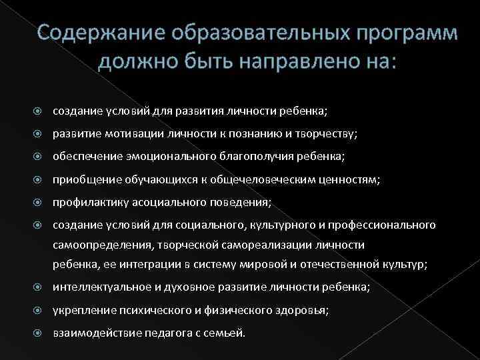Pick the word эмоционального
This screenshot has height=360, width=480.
tap(177, 156)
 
